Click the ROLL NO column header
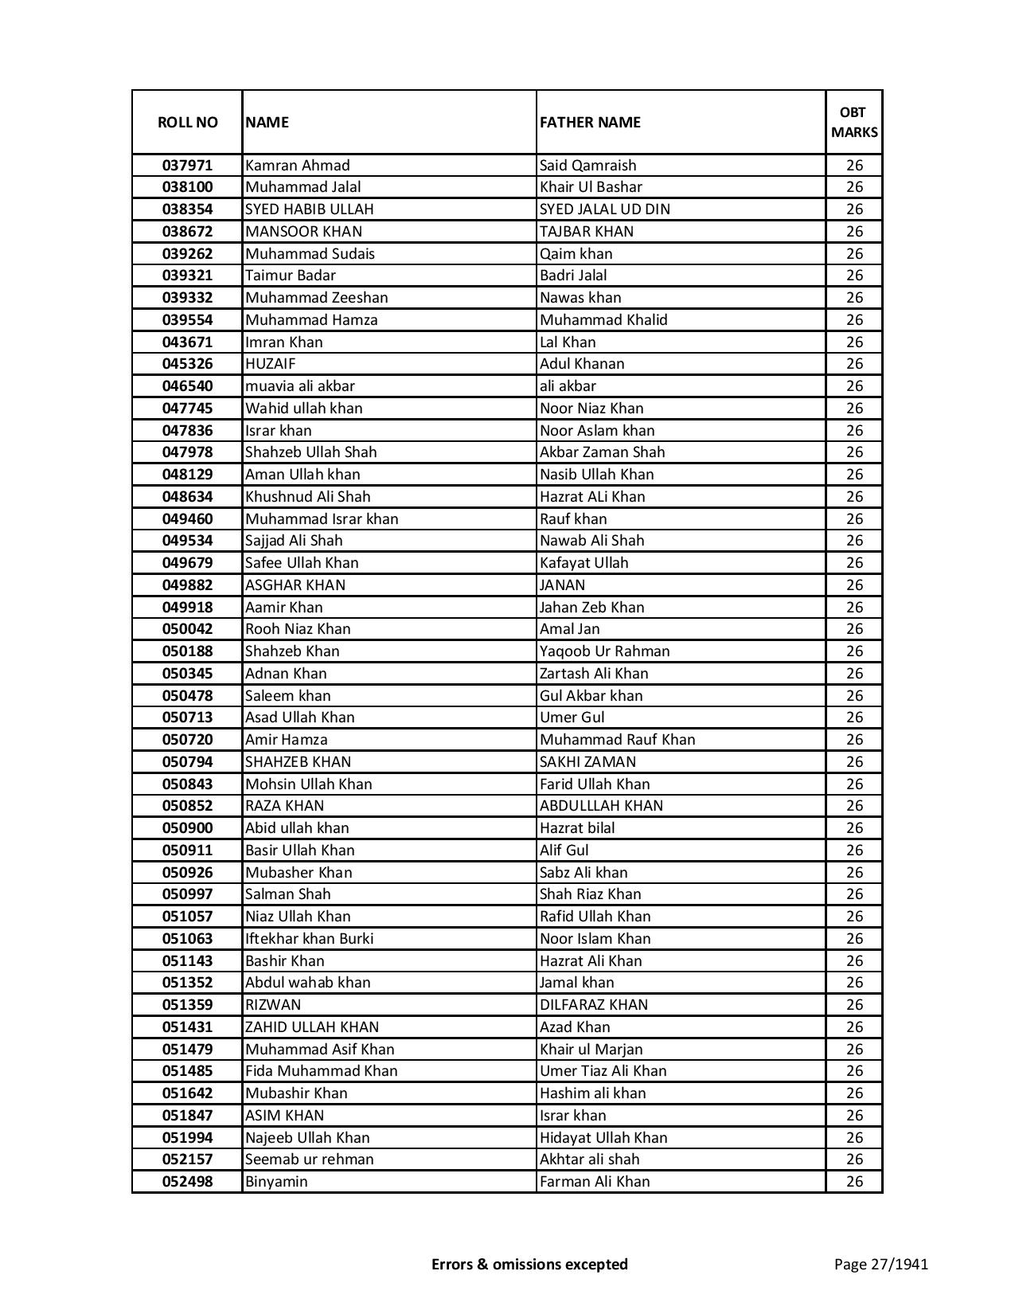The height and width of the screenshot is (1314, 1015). (187, 123)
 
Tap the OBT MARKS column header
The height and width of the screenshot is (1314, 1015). (854, 123)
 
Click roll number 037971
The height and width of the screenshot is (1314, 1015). (187, 166)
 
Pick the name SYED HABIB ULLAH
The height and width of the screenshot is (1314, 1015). (309, 209)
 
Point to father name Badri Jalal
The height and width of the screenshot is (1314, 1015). (573, 276)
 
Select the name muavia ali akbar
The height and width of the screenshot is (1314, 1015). (300, 386)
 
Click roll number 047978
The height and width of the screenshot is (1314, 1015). (187, 452)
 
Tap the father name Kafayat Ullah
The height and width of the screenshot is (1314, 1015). (584, 563)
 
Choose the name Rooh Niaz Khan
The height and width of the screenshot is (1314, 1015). (298, 629)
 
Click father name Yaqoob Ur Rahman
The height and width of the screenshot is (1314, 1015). (605, 651)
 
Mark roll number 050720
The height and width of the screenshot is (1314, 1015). (187, 740)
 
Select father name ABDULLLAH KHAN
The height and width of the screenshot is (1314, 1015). (601, 806)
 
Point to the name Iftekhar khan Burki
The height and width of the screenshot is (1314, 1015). (309, 939)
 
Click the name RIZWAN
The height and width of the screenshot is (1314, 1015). (273, 1005)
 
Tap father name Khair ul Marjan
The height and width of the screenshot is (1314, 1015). (591, 1050)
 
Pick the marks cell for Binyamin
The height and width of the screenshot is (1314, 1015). (854, 1182)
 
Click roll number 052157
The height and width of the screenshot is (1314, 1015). (187, 1160)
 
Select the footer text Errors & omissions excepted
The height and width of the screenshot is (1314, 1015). (529, 1264)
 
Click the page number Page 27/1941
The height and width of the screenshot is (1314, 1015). (880, 1264)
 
